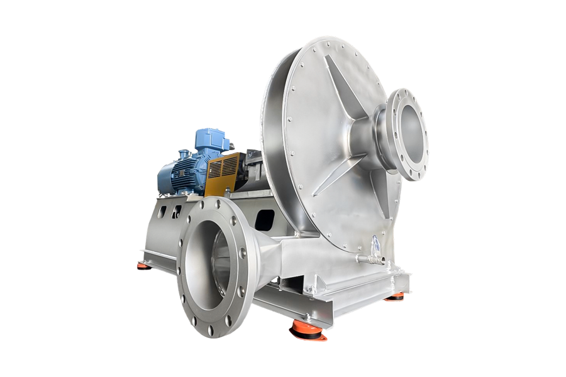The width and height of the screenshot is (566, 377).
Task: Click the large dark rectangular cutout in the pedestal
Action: [265, 220]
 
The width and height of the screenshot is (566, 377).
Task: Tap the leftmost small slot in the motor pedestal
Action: [162, 212]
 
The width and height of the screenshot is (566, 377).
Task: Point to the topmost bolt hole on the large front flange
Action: [202, 204]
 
